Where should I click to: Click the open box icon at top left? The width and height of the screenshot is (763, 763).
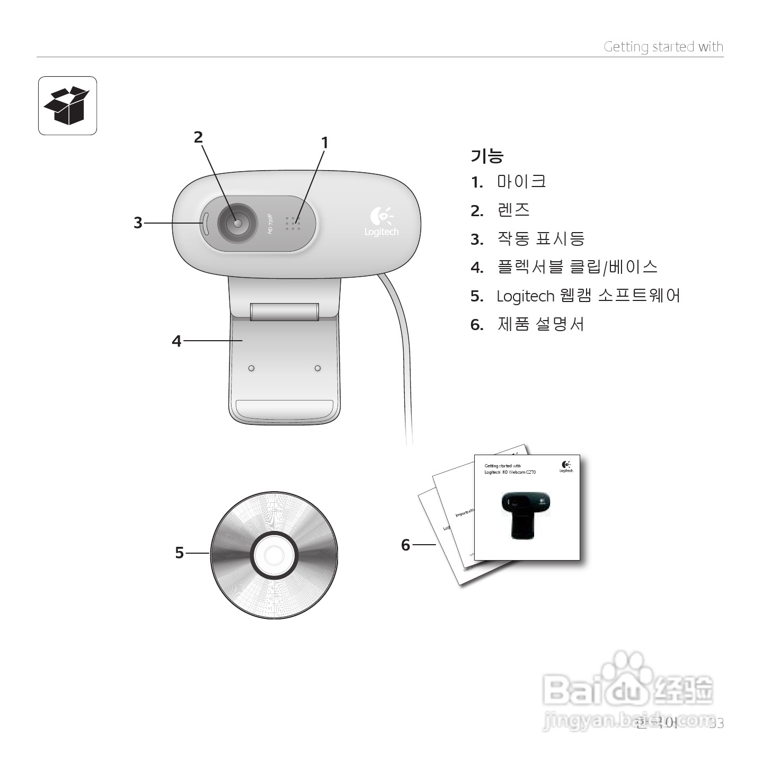pos(67,105)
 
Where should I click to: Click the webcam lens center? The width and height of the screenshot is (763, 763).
pos(237,224)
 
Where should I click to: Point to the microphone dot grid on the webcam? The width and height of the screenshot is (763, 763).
pos(293,223)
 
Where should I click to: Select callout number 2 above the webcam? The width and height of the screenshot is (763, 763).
pos(198,137)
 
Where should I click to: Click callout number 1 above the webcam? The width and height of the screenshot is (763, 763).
pos(325,143)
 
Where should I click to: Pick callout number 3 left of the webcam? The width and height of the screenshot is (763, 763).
pos(138,223)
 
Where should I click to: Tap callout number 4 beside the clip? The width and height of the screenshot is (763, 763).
pos(176,341)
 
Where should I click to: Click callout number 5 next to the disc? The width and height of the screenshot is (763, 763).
pos(180,553)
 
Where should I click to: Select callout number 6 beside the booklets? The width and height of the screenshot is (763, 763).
pos(406,545)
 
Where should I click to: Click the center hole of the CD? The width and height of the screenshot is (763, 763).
pos(274,555)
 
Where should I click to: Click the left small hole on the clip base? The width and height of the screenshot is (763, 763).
pos(251,368)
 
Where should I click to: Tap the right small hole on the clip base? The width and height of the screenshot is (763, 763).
pos(317,368)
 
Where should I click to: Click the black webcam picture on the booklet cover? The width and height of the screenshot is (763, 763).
pos(525,513)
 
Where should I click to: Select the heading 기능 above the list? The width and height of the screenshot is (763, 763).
pos(486,156)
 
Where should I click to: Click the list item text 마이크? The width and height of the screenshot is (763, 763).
pos(521,182)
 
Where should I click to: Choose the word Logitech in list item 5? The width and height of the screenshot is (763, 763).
pos(525,296)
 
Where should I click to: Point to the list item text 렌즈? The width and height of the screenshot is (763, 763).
pos(513,210)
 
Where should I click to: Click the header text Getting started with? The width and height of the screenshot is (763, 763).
pos(663,47)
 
